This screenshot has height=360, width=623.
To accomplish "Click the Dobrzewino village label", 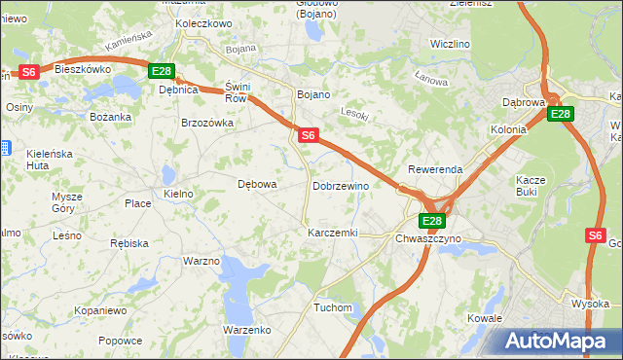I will (340, 186).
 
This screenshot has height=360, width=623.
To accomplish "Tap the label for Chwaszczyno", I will (433, 238).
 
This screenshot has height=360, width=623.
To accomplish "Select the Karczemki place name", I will (333, 234).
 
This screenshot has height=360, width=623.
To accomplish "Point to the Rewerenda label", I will (435, 169).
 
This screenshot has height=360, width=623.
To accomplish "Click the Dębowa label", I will (258, 184).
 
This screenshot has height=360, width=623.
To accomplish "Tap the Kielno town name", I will (179, 194).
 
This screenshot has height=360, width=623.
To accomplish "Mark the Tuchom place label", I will (332, 307).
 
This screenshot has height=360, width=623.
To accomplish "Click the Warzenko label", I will (246, 330).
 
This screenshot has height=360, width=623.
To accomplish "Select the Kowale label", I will (484, 318).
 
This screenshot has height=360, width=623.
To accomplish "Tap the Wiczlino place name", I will (450, 45).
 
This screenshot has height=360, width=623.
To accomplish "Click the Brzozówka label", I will (207, 123).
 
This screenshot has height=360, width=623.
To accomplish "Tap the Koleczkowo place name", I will (203, 22).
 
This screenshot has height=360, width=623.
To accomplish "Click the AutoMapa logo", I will (559, 341).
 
